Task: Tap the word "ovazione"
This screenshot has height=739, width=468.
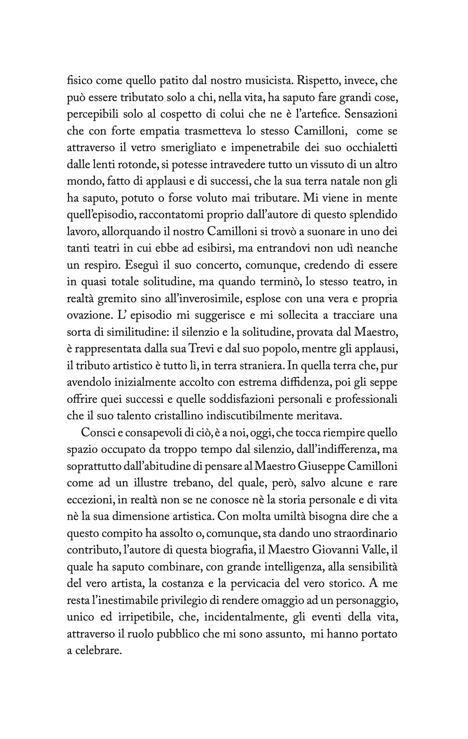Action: point(88,315)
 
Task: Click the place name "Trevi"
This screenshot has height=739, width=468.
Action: point(202,348)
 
